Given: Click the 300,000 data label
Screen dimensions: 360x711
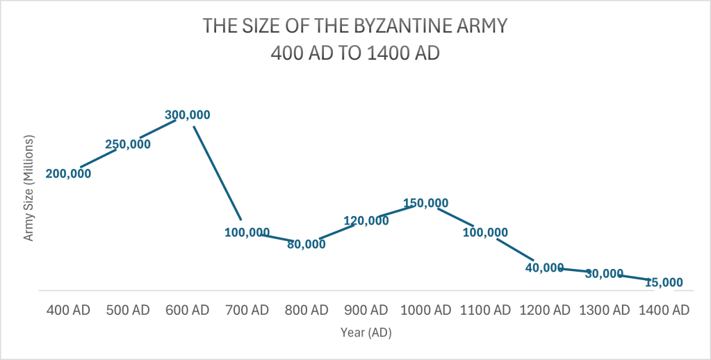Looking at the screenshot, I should [x=187, y=115].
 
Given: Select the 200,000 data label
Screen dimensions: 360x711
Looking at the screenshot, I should [x=68, y=174].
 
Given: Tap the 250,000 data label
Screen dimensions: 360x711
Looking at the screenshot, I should [x=128, y=145].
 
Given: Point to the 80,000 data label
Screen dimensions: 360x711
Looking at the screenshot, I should [x=306, y=244].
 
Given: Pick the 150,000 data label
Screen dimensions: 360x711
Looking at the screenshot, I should [x=425, y=203].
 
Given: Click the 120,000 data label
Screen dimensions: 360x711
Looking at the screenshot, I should [x=366, y=221].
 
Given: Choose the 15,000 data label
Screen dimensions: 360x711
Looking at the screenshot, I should [x=664, y=283].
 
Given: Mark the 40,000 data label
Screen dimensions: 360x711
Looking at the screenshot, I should [x=544, y=268].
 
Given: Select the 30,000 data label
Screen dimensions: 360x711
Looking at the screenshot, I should [x=604, y=274].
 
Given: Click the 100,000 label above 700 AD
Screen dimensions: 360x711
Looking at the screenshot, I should [x=247, y=232].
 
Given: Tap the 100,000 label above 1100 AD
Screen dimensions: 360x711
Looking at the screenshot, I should [x=485, y=232].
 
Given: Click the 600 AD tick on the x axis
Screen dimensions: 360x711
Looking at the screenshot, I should [x=187, y=310].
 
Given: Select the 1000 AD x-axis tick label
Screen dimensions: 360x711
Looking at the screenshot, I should [x=425, y=310].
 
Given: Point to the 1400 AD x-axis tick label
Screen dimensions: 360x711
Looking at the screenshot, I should [x=664, y=310].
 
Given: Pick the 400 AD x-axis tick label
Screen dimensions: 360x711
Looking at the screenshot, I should [x=68, y=310].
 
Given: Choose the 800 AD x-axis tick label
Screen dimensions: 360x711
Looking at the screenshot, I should [x=306, y=310].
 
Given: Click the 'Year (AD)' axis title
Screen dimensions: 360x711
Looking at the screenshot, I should [x=366, y=333].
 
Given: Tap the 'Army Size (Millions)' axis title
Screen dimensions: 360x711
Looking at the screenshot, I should [x=29, y=188].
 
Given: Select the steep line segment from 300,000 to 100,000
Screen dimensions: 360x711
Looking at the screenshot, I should [x=217, y=172].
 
